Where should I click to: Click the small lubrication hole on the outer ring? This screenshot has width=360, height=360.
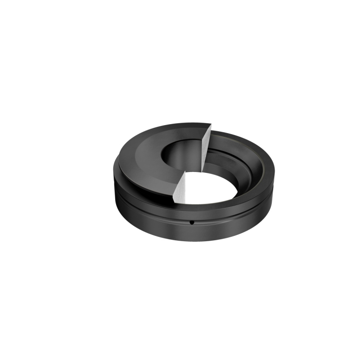coord(191,222)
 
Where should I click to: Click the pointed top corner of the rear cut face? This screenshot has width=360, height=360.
coord(210,126)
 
